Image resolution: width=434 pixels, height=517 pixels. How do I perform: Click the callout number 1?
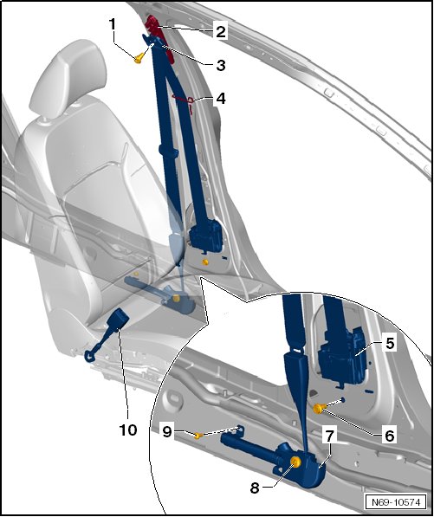tap(113, 23)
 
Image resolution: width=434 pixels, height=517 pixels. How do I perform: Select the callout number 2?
tap(221, 32)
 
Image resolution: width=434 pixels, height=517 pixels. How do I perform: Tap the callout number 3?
tap(221, 65)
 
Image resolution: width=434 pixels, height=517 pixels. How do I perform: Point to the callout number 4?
tap(221, 98)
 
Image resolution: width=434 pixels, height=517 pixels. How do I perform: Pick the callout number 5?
tap(390, 343)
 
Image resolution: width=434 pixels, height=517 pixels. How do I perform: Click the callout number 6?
tap(390, 436)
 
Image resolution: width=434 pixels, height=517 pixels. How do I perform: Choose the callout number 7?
tap(330, 436)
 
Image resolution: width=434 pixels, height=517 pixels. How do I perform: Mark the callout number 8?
tap(255, 488)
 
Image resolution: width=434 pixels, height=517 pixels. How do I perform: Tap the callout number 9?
tap(167, 431)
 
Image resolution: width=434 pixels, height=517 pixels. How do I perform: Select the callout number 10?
tap(128, 430)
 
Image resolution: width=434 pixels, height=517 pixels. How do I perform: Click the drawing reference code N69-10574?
tap(396, 502)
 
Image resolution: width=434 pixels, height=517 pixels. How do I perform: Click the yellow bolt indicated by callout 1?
tap(139, 58)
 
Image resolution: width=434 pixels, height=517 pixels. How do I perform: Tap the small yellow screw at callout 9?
tap(198, 436)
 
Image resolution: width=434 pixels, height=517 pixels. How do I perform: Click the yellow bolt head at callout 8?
tap(295, 462)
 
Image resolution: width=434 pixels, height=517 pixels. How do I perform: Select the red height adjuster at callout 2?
tap(162, 36)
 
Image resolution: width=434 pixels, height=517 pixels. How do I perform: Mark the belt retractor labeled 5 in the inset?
tap(341, 358)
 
